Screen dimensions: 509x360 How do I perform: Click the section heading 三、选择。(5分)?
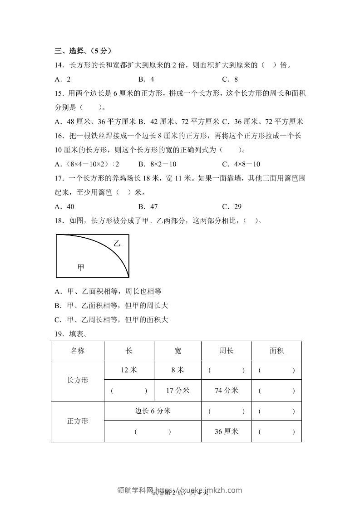[x=83, y=50]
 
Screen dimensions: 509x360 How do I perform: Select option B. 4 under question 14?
[x=147, y=79]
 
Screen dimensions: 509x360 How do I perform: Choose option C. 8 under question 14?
[x=230, y=79]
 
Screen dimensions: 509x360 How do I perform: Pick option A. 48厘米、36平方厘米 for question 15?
[x=95, y=122]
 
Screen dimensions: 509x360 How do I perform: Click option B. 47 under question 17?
[x=148, y=206]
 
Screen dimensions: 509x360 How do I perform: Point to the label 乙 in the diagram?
[x=117, y=244]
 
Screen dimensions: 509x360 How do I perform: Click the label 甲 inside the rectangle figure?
[x=81, y=268]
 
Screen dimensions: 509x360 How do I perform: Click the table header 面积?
[x=276, y=350]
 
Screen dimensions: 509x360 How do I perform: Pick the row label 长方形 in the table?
[x=78, y=380]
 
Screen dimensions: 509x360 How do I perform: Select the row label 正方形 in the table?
[x=78, y=421]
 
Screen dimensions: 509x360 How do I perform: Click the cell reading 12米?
[x=129, y=370]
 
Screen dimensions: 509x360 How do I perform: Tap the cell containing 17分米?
[x=178, y=390]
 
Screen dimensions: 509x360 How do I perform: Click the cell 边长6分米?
[x=153, y=411]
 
